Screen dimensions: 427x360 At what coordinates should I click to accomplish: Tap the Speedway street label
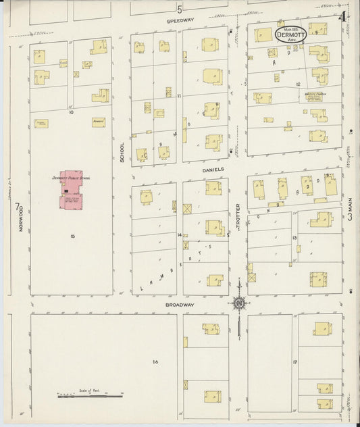[x=180, y=20]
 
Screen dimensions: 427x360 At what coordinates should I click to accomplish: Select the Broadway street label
[x=180, y=305]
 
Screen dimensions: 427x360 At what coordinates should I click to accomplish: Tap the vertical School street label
[x=122, y=152]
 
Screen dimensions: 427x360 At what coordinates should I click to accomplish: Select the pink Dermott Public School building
[x=72, y=191]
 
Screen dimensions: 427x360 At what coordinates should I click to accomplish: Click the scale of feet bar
[x=90, y=395]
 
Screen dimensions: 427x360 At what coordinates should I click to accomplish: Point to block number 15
[x=71, y=236]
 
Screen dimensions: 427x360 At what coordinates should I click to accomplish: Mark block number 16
[x=155, y=362]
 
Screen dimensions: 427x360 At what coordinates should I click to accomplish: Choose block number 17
[x=294, y=363]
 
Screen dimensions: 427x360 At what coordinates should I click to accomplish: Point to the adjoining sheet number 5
[x=180, y=9]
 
